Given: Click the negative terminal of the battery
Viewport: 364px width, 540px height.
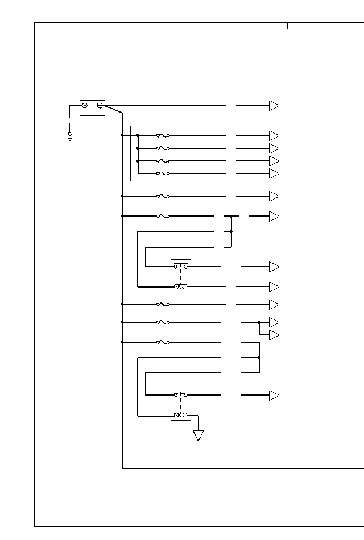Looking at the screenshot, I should coord(85,105).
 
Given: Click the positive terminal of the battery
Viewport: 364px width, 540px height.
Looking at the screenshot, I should coord(100,105).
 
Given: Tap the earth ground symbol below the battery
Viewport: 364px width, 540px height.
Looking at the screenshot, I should coord(70,136).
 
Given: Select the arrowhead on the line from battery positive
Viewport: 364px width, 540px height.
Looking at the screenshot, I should coord(274,106).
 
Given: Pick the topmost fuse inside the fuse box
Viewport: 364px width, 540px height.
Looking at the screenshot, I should coord(163,135).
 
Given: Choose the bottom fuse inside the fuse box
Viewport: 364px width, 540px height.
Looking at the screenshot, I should coord(163,173).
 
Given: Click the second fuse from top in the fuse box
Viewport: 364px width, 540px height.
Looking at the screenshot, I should coord(163,148).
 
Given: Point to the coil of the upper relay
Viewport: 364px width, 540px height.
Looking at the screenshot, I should coord(181,286).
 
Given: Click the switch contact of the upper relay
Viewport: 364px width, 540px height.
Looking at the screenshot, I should coord(181,266).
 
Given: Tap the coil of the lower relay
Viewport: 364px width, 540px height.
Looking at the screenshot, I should coord(181,415).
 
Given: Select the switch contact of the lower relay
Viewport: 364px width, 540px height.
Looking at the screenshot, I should coord(181,394).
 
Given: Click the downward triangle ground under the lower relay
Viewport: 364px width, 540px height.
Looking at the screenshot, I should coord(198,435).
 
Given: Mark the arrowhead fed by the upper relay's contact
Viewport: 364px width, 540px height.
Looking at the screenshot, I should coord(274,267).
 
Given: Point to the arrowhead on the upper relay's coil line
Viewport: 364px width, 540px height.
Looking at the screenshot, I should coord(274,286).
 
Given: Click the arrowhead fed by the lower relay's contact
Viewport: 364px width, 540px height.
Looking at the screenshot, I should coord(274,396).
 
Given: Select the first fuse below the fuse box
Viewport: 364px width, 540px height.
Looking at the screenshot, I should coord(163,196).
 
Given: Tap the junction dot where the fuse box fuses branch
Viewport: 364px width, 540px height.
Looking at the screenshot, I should coord(138,135).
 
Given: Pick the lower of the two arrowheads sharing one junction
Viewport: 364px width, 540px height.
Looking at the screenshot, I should coord(274,335).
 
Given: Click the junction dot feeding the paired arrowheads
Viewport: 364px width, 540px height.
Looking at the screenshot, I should coord(259,322).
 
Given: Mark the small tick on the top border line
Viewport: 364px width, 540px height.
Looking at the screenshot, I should coord(287,26).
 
